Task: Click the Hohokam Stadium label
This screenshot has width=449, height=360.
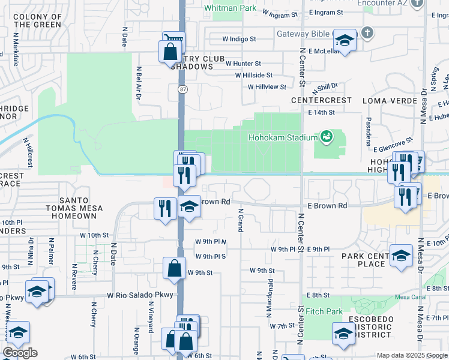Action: tap(283, 137)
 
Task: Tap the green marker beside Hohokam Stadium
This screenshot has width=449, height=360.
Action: tap(326, 137)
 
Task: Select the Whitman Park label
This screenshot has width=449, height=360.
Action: tap(231, 8)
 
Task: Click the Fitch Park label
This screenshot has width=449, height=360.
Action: tap(324, 311)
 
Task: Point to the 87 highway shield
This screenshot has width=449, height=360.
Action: tap(181, 89)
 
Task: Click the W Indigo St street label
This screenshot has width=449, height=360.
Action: tap(239, 39)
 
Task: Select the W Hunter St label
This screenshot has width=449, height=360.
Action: tap(243, 63)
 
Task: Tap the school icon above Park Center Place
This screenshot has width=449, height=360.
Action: tap(401, 256)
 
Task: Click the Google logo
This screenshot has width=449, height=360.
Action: tap(20, 353)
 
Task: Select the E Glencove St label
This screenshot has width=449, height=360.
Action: tap(394, 144)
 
